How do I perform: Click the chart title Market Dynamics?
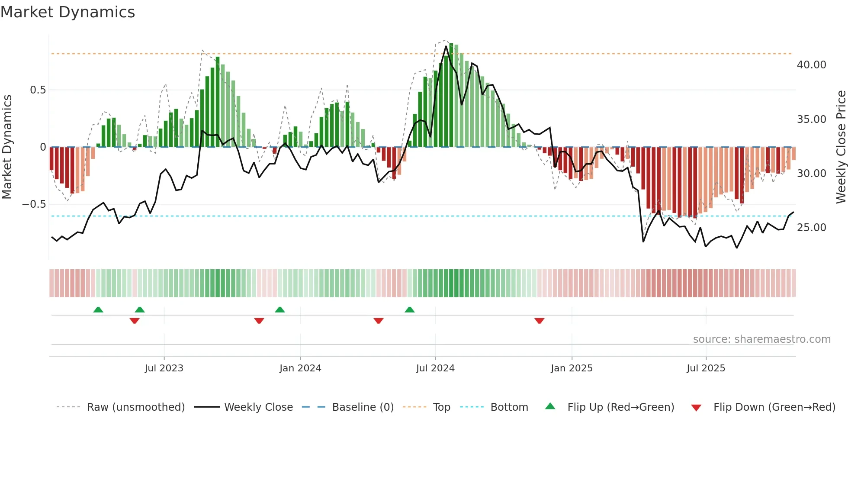67,12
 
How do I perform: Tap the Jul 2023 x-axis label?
164,368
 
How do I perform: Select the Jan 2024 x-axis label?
300,368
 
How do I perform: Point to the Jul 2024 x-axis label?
435,368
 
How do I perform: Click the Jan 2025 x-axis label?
572,368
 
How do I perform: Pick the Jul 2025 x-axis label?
706,368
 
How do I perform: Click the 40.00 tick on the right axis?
811,65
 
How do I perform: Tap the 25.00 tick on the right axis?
811,228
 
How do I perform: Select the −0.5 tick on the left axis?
34,204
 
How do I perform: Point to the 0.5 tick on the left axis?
38,90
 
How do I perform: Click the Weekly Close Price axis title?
841,147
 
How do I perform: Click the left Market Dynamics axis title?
7,147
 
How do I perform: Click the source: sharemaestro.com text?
761,339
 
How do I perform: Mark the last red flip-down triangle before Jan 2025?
539,321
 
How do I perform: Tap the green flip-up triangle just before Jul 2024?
409,309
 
